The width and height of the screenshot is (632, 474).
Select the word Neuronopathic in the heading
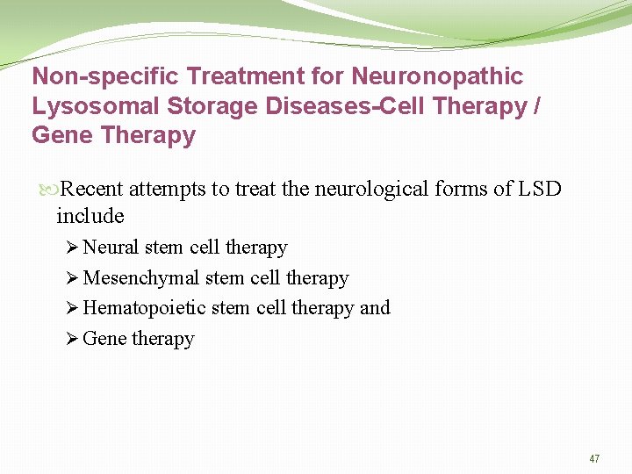(437, 76)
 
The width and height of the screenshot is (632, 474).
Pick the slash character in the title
(537, 106)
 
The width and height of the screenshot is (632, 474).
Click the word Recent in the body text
(95, 189)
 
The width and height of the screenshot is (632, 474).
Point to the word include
(90, 215)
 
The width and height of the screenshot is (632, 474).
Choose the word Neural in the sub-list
(111, 248)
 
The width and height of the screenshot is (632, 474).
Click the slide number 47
(594, 459)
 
